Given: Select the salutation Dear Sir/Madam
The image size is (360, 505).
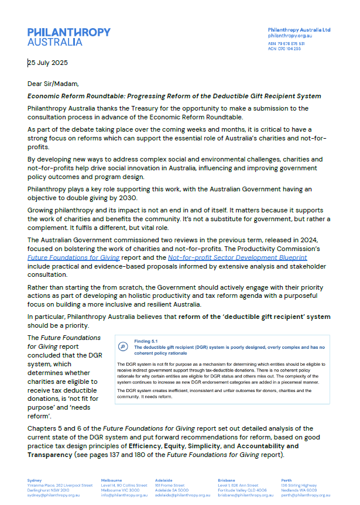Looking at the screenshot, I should pyautogui.click(x=53, y=84).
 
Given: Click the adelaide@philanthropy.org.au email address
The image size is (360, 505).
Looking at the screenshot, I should pyautogui.click(x=182, y=495).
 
